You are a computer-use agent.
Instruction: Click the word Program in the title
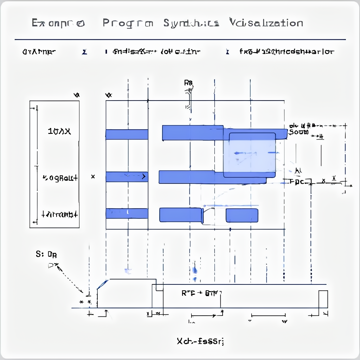pos(128,23)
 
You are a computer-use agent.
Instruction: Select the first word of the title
pos(58,23)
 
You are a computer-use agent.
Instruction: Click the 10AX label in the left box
pos(59,132)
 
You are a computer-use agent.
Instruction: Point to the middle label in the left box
pos(60,178)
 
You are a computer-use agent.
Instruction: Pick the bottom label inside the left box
pos(60,214)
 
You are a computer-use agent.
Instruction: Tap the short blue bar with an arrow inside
pos(127,177)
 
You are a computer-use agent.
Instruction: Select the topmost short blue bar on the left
pos(127,134)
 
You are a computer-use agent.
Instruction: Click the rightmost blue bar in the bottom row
pos(242,215)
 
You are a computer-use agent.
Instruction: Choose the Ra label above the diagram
pos(188,83)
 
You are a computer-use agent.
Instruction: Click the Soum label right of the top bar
pos(298,132)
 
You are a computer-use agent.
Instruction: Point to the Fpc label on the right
pos(297,182)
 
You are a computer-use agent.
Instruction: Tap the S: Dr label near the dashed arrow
pos(46,254)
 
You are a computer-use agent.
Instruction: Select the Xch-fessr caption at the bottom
pos(200,341)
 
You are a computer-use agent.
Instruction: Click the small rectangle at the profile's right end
pos(323,299)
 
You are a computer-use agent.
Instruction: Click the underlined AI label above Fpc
pos(298,171)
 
